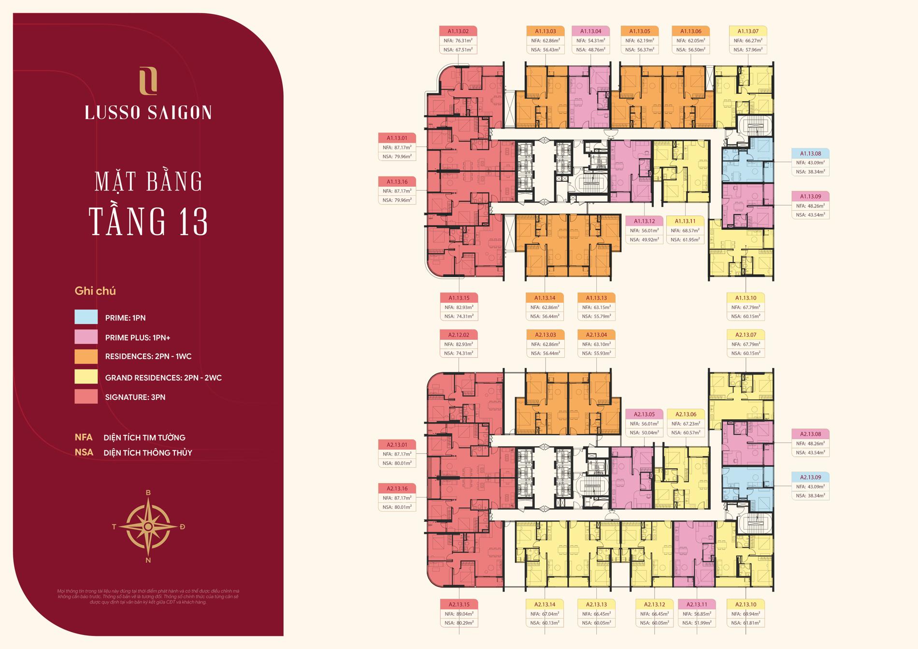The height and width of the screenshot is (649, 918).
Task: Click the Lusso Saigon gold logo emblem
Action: [148, 81]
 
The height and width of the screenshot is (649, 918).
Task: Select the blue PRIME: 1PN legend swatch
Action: [86, 317]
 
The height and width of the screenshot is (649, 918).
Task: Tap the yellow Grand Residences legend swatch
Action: [86, 377]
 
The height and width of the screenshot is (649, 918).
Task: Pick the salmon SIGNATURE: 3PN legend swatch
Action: [86, 397]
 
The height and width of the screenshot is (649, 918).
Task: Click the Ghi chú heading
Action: [95, 291]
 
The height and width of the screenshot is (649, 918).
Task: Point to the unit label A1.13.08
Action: [810, 153]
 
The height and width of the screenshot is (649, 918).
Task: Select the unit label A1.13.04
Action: [590, 31]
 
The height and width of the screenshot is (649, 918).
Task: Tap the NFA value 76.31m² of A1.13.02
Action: [458, 41]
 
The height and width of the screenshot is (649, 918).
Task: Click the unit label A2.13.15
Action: [459, 605]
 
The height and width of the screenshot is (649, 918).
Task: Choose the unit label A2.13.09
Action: [810, 477]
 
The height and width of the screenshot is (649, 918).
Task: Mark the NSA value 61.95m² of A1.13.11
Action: [685, 239]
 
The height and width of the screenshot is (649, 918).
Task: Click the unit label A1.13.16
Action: [397, 182]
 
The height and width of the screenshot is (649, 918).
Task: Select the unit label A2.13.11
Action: [696, 605]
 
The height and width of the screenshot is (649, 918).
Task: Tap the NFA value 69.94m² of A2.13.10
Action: [745, 614]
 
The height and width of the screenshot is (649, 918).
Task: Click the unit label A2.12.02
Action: [459, 335]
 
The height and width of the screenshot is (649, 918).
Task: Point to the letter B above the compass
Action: [148, 493]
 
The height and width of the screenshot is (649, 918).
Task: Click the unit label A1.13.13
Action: [596, 298]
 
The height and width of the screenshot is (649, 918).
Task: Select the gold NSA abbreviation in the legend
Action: [84, 453]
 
